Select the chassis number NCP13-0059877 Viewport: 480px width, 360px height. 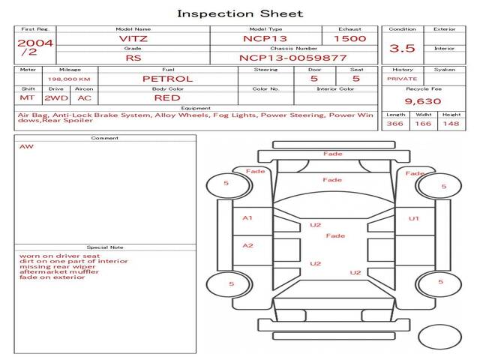click(292, 57)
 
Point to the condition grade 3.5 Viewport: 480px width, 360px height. click(402, 48)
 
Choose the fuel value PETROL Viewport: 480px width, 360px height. click(167, 78)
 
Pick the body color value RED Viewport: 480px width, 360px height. click(167, 97)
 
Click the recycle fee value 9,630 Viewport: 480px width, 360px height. click(423, 101)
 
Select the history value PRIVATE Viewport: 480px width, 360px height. click(402, 78)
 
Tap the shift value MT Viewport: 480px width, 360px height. click(28, 97)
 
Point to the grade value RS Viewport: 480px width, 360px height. click(133, 57)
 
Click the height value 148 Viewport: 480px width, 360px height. click(451, 124)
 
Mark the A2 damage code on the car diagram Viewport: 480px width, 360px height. click(247, 245)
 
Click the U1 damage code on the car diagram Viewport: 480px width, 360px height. click(413, 218)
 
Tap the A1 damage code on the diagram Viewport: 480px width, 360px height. click(247, 218)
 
